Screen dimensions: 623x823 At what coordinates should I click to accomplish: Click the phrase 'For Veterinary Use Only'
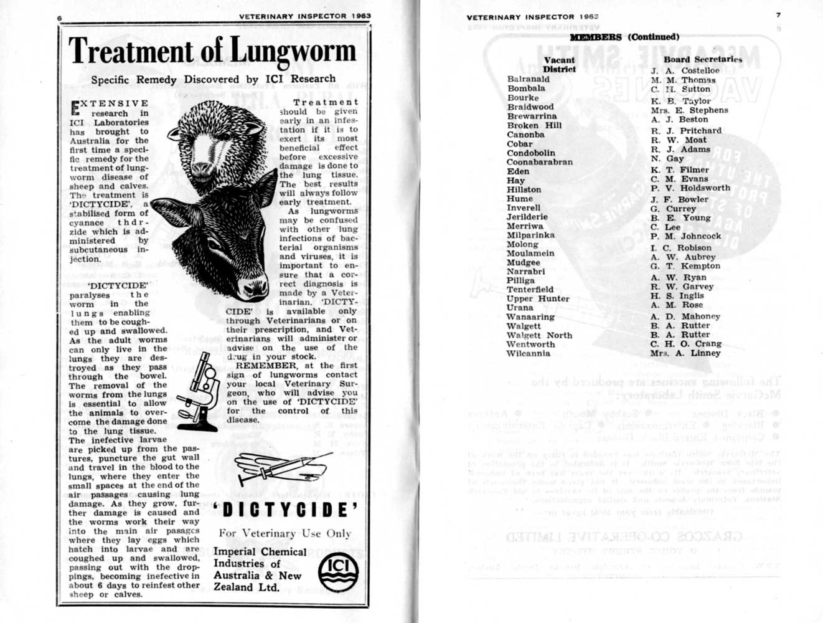click(285, 533)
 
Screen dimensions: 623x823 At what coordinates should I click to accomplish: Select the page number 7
click(778, 15)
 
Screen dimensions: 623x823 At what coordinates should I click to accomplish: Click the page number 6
click(60, 19)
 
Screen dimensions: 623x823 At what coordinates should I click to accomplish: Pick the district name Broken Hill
click(534, 125)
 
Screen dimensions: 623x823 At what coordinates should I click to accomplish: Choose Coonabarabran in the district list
click(539, 162)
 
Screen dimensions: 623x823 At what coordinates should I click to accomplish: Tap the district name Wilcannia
click(528, 353)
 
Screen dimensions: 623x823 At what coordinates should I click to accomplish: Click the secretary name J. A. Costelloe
click(685, 70)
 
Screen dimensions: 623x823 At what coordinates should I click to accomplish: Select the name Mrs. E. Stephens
click(689, 110)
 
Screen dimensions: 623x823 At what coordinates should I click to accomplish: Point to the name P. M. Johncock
click(685, 236)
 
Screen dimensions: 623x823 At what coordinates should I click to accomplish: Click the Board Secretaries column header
click(703, 59)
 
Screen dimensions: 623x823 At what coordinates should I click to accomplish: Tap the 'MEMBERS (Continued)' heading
click(624, 37)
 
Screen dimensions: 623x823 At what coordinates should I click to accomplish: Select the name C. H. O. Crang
click(685, 343)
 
